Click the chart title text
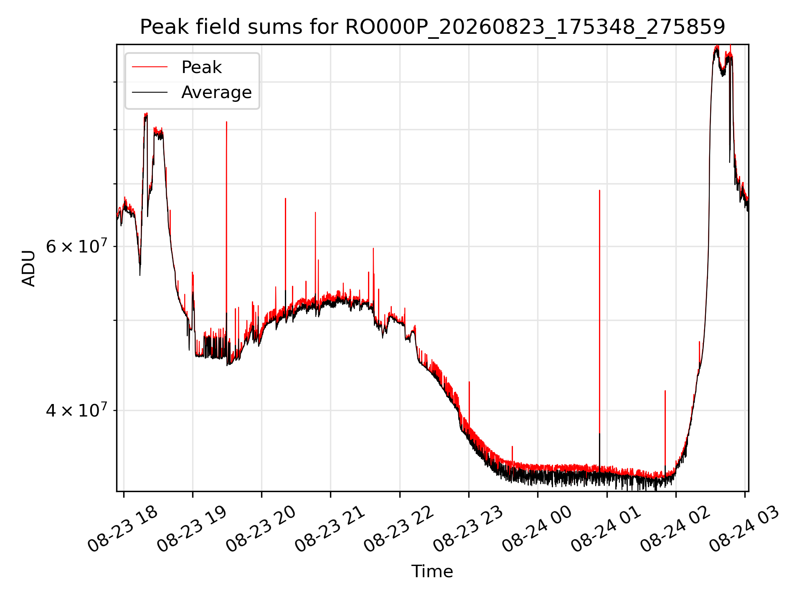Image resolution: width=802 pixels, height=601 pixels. [x=432, y=27]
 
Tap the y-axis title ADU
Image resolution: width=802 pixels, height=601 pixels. [x=29, y=268]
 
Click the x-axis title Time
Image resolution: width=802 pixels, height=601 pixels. [x=432, y=571]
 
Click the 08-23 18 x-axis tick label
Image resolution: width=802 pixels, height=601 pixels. [x=123, y=529]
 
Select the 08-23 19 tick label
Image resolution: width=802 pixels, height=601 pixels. [x=192, y=529]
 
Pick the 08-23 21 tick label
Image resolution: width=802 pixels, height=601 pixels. [x=330, y=529]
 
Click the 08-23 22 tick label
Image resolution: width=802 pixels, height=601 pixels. [x=399, y=529]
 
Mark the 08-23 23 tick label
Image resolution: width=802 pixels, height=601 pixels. [x=468, y=529]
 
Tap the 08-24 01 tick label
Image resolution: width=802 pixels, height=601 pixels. [x=606, y=529]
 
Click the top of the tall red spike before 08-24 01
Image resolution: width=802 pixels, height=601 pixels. [x=599, y=191]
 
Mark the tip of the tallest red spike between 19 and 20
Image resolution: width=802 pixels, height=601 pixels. [x=226, y=122]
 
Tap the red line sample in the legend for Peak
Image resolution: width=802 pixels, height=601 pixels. [x=150, y=67]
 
